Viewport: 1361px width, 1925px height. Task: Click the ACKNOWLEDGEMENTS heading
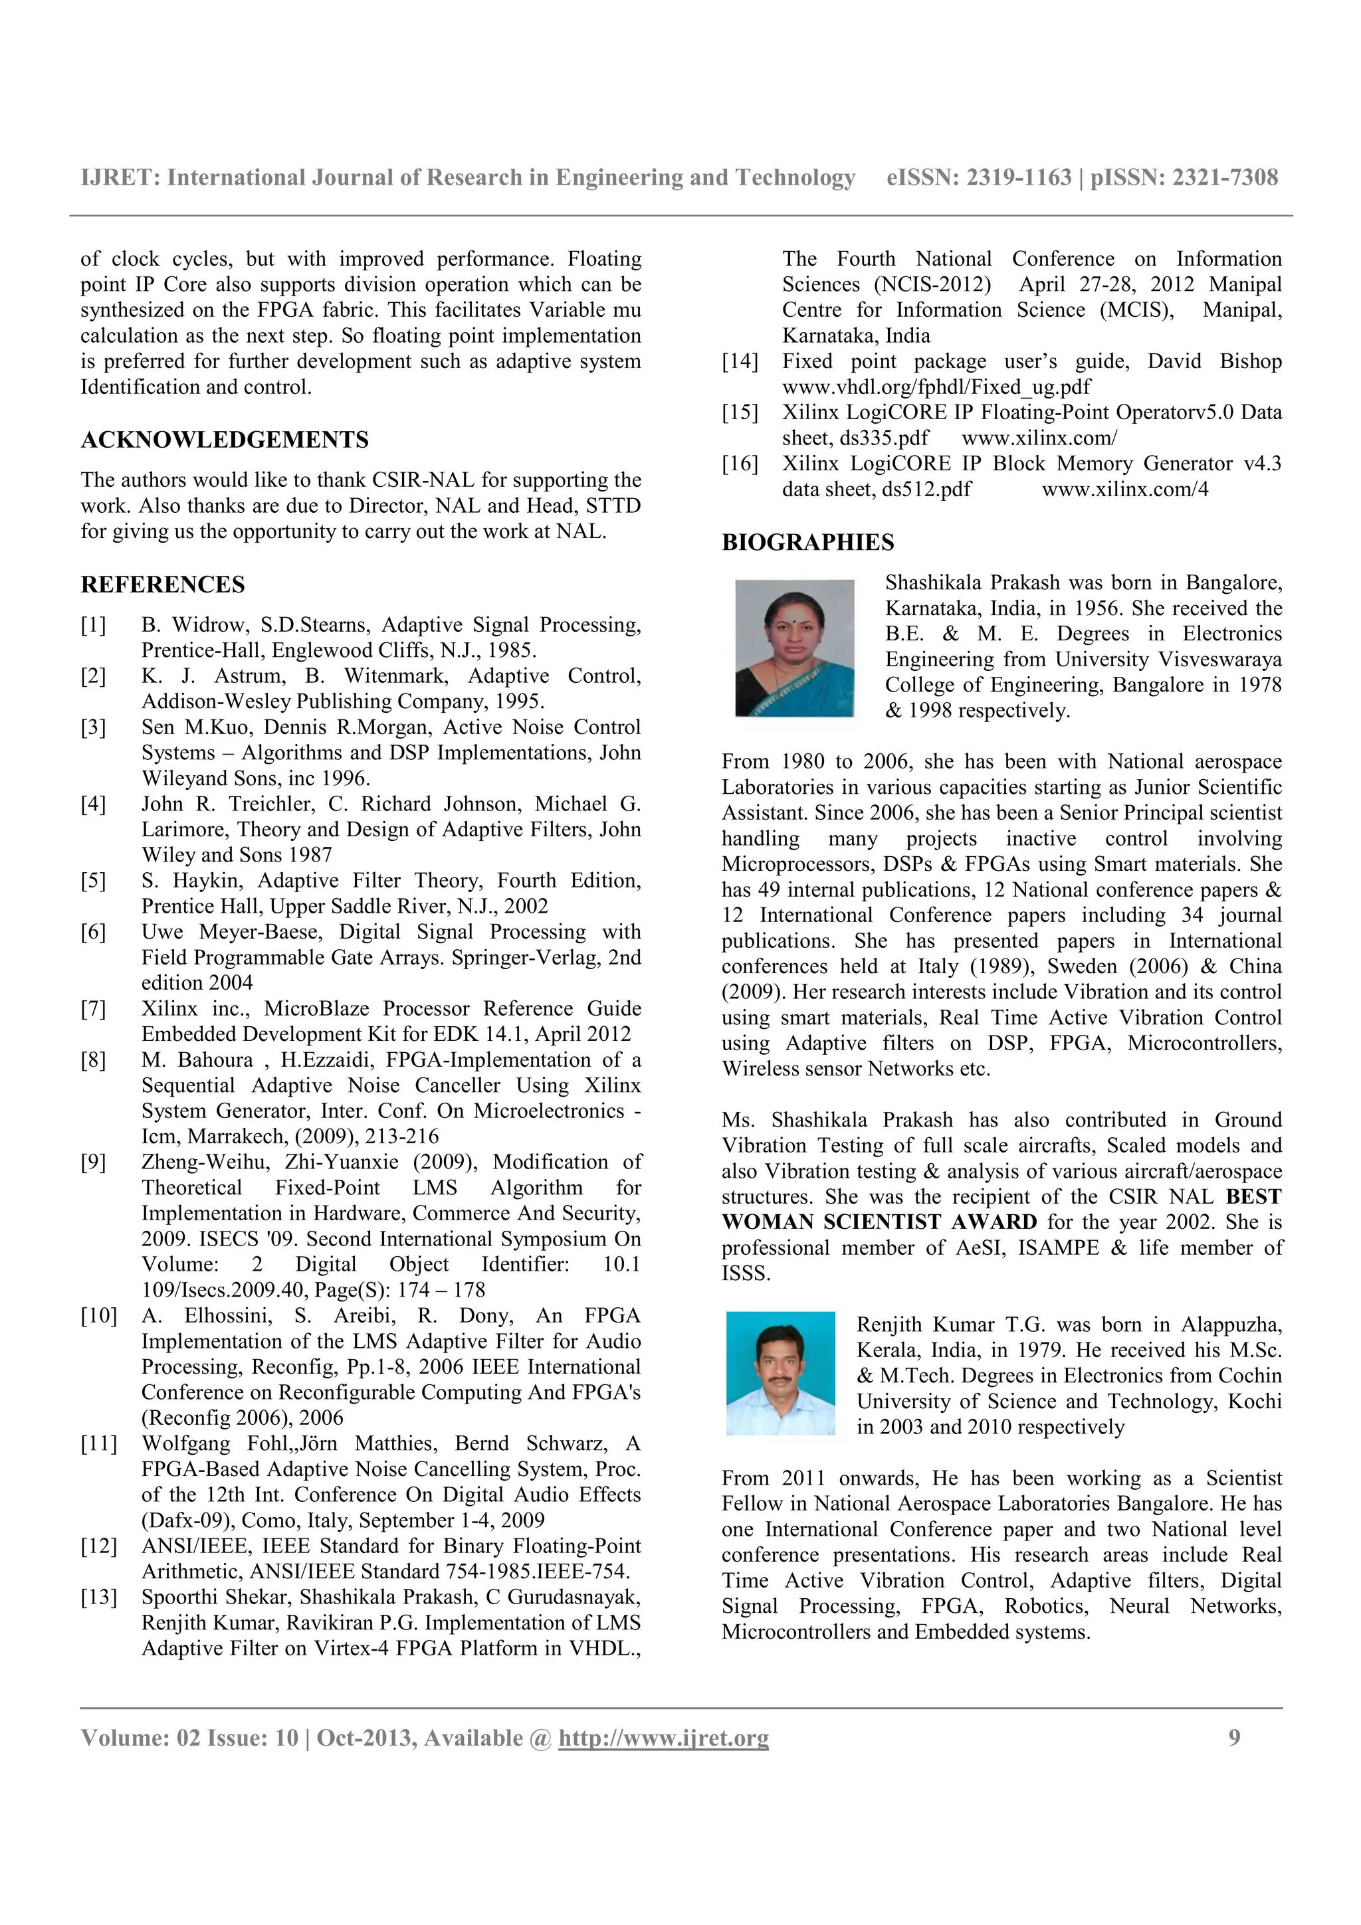(x=224, y=440)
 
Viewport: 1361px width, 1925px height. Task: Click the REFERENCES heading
(x=163, y=585)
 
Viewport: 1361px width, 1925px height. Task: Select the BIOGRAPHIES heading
(x=807, y=543)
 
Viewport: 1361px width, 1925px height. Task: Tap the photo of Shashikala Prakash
(x=794, y=648)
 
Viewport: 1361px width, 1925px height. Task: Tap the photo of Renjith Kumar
(x=780, y=1372)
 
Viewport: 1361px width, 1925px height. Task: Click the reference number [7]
(x=93, y=1008)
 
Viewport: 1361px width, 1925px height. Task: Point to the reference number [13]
(x=98, y=1597)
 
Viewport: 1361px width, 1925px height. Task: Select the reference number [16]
(x=740, y=464)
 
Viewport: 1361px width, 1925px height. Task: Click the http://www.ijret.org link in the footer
(x=663, y=1738)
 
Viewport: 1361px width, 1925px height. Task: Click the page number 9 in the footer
(x=1233, y=1737)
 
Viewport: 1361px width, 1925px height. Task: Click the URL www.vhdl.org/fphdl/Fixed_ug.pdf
(x=936, y=387)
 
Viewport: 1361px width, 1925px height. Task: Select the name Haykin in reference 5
(x=209, y=880)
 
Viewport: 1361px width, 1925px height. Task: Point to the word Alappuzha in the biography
(x=1230, y=1325)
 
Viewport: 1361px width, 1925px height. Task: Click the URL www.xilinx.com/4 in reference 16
(x=1124, y=490)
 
